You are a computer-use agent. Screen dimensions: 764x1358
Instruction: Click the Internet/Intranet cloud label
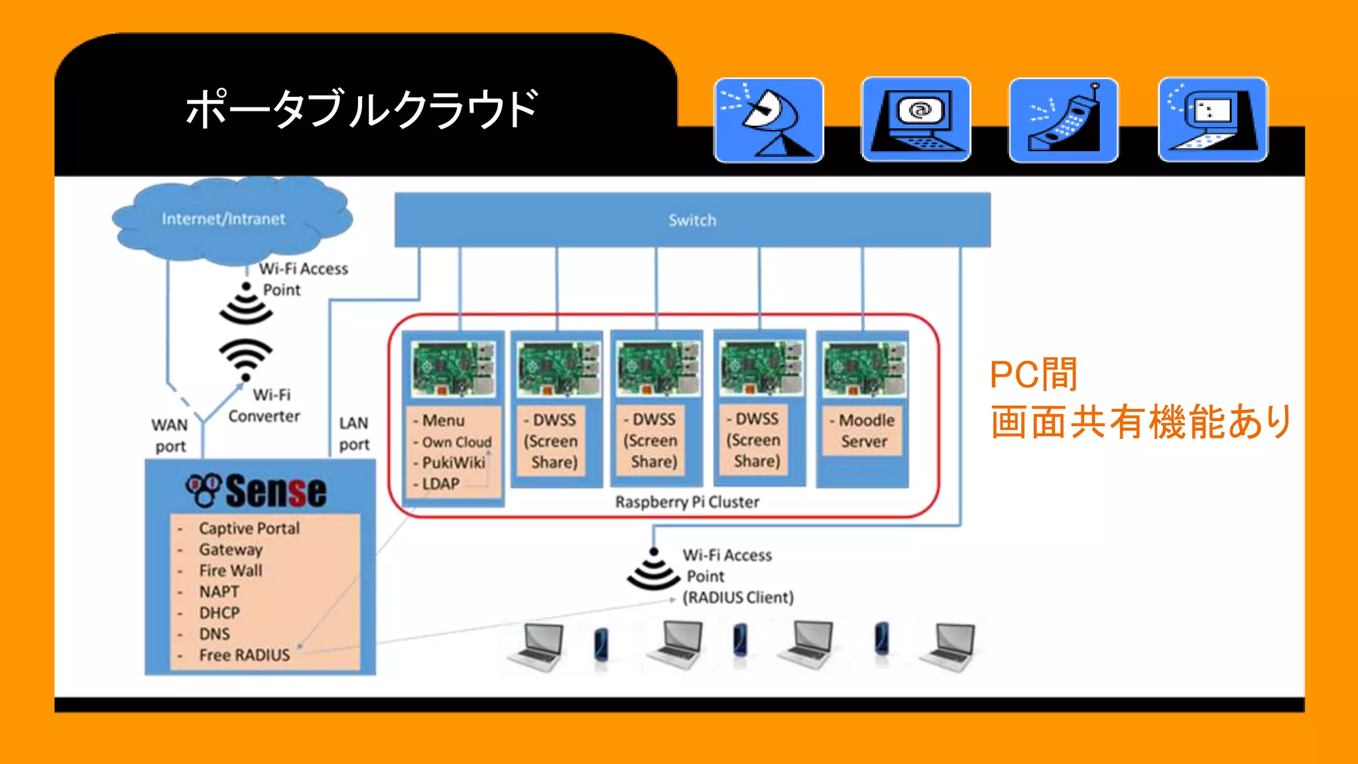223,219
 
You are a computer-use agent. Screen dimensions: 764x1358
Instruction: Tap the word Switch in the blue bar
692,220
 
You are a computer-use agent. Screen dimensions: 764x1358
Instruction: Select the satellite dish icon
769,120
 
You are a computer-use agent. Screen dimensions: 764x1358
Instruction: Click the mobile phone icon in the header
1064,120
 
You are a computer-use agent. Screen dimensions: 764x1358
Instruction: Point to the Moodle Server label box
863,430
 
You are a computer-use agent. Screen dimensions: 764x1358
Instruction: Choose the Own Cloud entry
456,442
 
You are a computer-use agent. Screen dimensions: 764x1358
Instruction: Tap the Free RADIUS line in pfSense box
244,655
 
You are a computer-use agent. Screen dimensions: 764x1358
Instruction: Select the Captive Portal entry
249,529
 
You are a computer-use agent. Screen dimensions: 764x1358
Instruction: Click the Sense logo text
275,491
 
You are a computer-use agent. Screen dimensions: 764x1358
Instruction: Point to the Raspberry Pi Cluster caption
687,502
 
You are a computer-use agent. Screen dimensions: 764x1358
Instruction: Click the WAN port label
170,435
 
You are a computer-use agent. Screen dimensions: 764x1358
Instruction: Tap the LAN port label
354,434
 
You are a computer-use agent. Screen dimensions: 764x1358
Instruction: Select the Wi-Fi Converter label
265,405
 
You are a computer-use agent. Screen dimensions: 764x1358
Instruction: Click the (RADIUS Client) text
738,598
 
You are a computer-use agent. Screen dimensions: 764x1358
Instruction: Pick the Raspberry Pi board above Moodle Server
863,369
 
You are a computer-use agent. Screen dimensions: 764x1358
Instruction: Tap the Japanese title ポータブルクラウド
361,109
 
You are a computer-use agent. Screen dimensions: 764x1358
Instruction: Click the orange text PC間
1033,375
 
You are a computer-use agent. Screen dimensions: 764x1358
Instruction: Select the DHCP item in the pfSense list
219,613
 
